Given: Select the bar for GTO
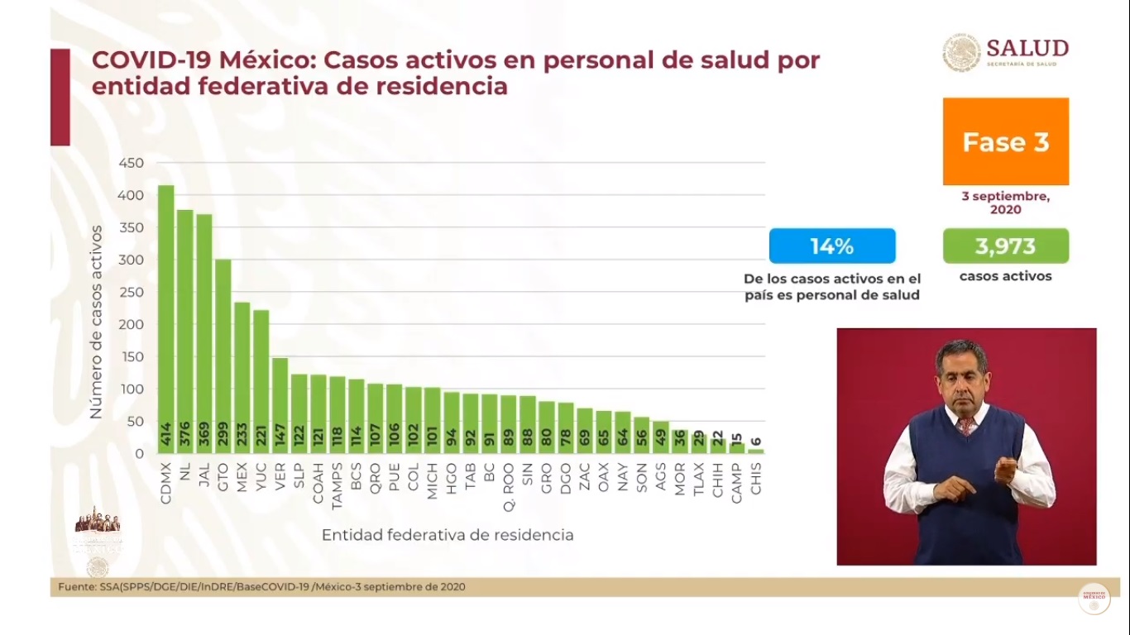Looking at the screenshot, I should [x=223, y=356].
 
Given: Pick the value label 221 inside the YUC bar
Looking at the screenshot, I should [x=261, y=438].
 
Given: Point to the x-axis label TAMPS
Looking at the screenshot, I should [x=338, y=479].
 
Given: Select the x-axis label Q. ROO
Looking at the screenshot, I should [x=509, y=479].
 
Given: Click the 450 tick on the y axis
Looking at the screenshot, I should [x=132, y=163].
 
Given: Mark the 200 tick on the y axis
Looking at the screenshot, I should [x=132, y=324].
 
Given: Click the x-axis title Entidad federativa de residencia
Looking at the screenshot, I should [x=448, y=535].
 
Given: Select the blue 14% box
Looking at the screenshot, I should [x=832, y=246].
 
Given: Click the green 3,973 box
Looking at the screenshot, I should [x=1005, y=246].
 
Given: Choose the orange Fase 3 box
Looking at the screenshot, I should [x=1005, y=141].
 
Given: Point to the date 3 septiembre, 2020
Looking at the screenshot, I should [x=1005, y=203].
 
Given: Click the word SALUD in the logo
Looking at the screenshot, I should [x=1027, y=48].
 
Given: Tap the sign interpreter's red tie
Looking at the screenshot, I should [x=965, y=426].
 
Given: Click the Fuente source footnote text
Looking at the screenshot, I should [x=261, y=587].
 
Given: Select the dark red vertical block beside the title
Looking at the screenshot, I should [x=60, y=97].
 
